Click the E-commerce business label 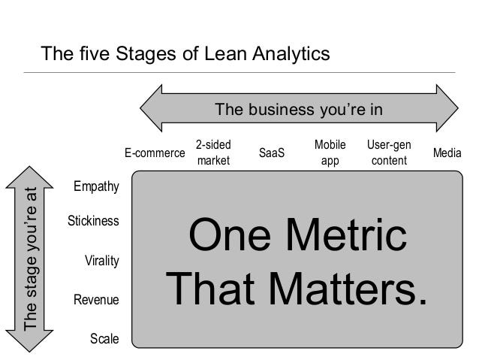155,153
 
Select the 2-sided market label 213,153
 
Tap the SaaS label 272,153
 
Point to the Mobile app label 330,153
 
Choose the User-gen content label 389,153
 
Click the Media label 447,153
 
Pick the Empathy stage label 96,186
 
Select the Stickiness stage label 93,220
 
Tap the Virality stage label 101,261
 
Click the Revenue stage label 96,299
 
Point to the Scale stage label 104,339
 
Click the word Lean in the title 226,53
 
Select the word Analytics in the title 291,54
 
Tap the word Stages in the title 146,54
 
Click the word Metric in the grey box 346,234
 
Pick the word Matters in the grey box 342,289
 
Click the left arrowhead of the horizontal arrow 151,108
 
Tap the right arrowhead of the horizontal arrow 447,108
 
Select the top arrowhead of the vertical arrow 29,177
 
